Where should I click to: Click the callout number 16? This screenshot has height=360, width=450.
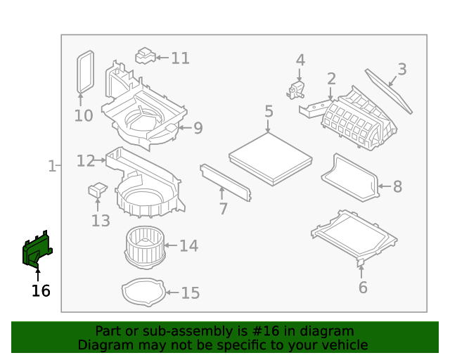(x=41, y=290)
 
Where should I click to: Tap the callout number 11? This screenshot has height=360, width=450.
(x=181, y=58)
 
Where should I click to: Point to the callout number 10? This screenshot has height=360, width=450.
(x=84, y=115)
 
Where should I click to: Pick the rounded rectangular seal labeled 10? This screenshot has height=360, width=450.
(x=84, y=71)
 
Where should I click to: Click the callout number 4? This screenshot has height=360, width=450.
(x=300, y=60)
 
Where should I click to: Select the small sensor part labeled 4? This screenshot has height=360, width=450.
(x=296, y=89)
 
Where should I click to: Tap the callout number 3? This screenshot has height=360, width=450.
(x=402, y=69)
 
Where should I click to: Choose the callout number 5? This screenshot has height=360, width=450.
(x=269, y=112)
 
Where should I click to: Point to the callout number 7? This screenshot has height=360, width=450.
(x=223, y=209)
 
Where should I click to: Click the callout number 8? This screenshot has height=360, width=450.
(x=397, y=186)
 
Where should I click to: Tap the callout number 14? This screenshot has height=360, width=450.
(x=188, y=245)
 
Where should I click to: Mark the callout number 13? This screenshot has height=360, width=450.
(x=101, y=221)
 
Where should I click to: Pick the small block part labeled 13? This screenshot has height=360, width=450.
(x=97, y=189)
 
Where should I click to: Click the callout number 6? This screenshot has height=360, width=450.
(x=363, y=287)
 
